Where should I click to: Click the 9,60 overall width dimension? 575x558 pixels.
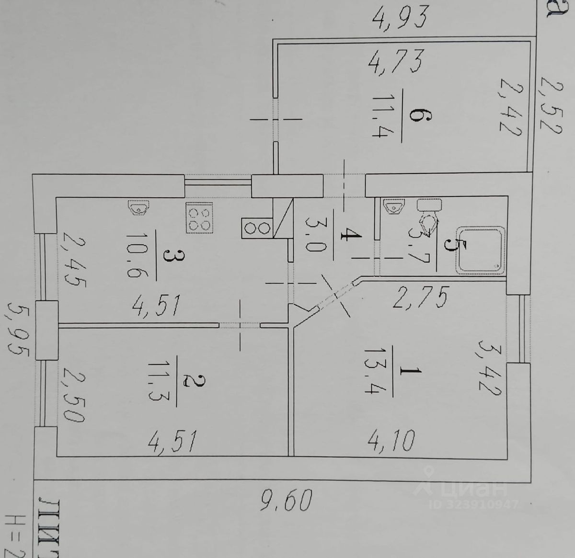pyautogui.click(x=286, y=501)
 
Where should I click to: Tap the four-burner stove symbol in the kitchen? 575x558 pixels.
pyautogui.click(x=199, y=218)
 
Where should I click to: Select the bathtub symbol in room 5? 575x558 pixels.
pyautogui.click(x=481, y=250)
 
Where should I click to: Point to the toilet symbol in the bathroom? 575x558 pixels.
pyautogui.click(x=429, y=218)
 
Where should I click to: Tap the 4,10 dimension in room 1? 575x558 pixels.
pyautogui.click(x=391, y=440)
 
